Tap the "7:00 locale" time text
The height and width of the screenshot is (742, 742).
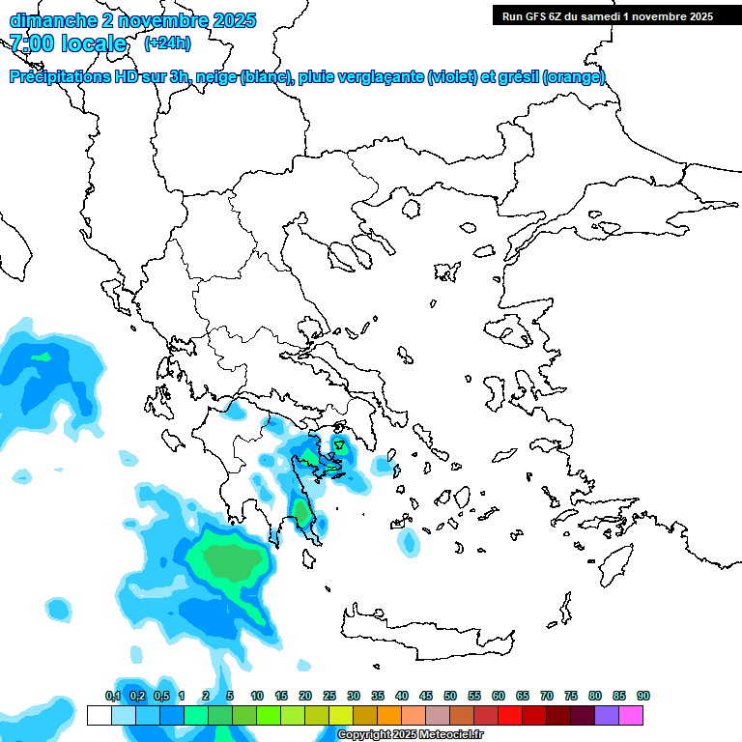click(69, 43)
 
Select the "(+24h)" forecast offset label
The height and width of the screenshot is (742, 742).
click(167, 43)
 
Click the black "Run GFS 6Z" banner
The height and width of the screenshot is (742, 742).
click(603, 15)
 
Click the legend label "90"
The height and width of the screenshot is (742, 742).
click(643, 696)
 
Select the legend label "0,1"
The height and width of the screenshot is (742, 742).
click(112, 696)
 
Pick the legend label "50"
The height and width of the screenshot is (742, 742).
click(450, 696)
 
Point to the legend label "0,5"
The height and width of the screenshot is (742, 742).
click(160, 696)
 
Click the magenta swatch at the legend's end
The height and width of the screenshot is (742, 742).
click(631, 715)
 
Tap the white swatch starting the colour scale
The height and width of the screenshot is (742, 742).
click(100, 715)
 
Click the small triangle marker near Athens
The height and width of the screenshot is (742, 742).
click(339, 445)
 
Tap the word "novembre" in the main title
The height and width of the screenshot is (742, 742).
click(155, 20)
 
